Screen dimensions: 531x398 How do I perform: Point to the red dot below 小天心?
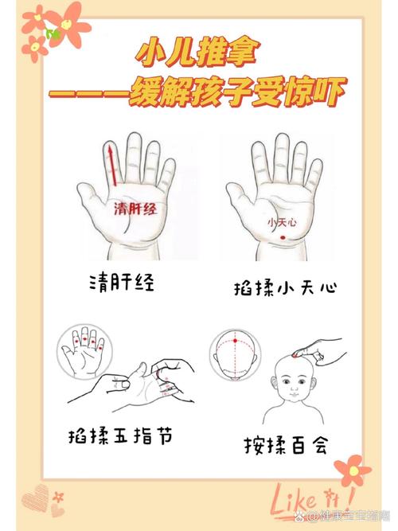click(x=281, y=238)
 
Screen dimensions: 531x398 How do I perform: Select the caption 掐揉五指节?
click(x=118, y=435)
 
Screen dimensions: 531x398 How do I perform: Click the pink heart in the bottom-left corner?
click(x=35, y=498)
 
